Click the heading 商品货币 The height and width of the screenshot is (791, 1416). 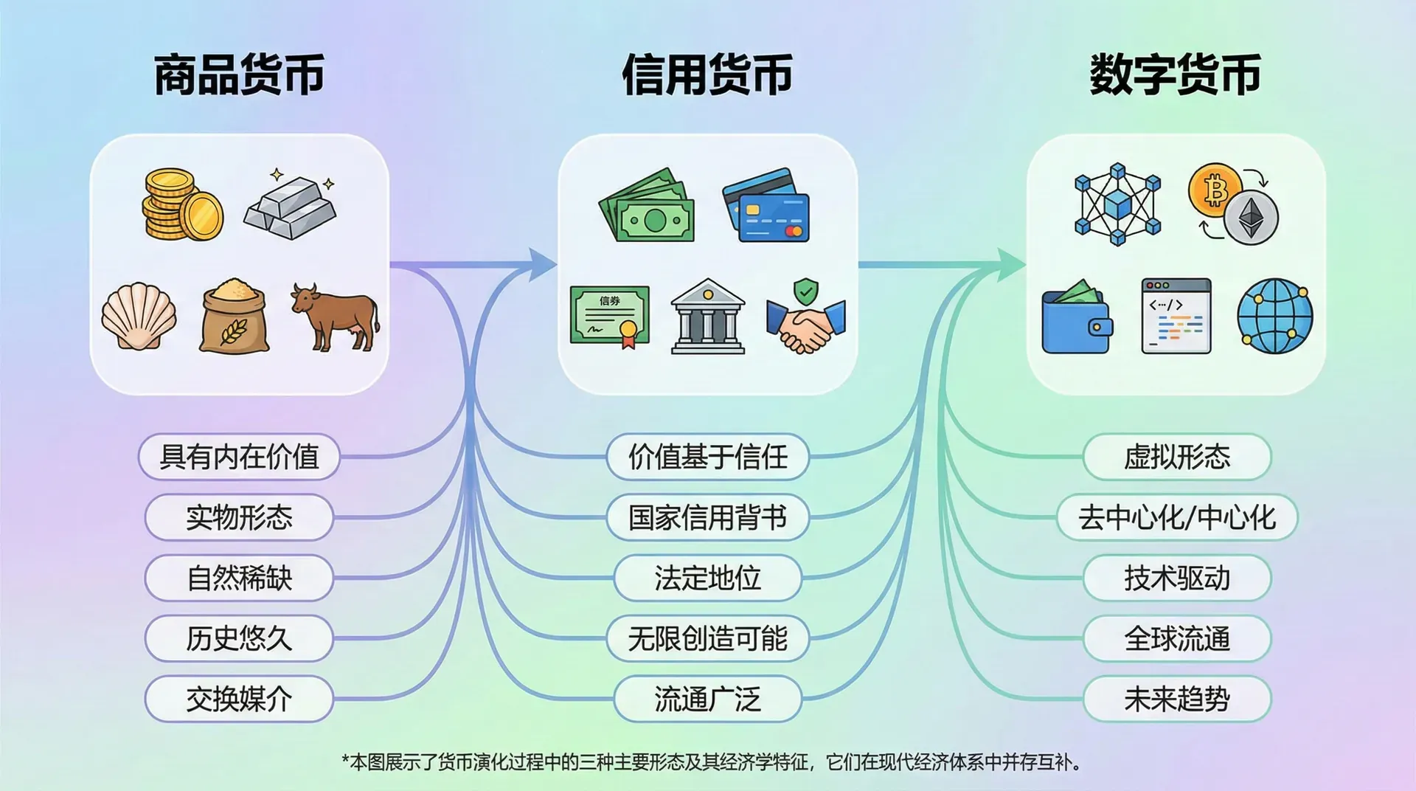(x=239, y=75)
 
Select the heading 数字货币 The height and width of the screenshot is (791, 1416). (x=1176, y=75)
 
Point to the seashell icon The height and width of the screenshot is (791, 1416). (x=139, y=316)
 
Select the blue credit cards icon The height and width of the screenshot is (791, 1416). (x=766, y=206)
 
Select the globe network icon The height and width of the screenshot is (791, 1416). (x=1275, y=316)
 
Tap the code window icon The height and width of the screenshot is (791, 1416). (x=1176, y=316)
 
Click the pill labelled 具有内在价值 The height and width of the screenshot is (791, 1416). (x=239, y=457)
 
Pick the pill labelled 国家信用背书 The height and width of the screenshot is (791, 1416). (x=708, y=517)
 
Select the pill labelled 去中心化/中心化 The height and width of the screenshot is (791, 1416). (x=1177, y=517)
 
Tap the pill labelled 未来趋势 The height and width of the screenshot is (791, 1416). (x=1177, y=699)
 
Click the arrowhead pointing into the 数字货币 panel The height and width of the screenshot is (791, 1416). (x=1011, y=265)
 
